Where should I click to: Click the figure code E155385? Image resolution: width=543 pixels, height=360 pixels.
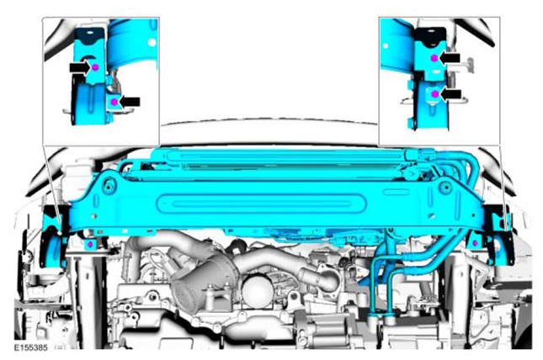tap(31, 347)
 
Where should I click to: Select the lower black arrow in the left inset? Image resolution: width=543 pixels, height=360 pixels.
tap(129, 102)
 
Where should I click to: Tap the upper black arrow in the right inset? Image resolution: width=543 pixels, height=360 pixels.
tap(450, 58)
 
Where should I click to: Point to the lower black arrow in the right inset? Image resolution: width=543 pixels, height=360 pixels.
tap(451, 94)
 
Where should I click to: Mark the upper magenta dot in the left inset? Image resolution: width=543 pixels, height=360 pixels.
tap(96, 67)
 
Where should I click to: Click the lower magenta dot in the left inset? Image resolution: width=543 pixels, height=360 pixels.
tap(114, 102)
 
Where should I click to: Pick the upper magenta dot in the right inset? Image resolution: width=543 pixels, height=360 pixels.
tap(434, 58)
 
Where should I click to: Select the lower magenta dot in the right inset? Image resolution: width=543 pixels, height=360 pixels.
tap(435, 94)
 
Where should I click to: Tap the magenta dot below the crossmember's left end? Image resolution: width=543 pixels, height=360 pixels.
tap(90, 245)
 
